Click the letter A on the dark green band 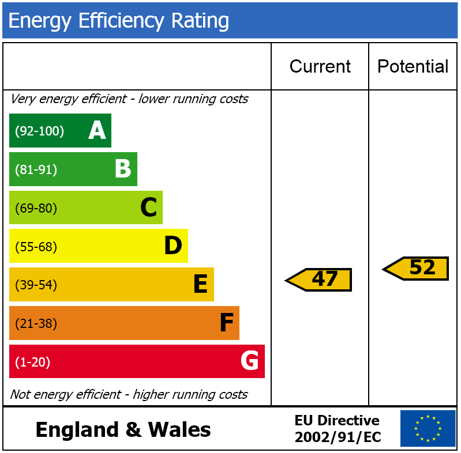[97, 131]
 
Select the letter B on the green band [123, 169]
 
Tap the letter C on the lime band [148, 208]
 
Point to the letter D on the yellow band [173, 246]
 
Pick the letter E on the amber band [200, 285]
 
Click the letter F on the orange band [226, 323]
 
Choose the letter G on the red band [249, 361]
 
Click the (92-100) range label [39, 131]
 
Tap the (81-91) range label [36, 170]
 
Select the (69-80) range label [36, 209]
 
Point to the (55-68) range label [36, 247]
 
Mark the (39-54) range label [36, 285]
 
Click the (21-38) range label [36, 324]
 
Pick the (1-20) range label [32, 363]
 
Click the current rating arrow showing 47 [320, 280]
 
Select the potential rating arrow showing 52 [417, 268]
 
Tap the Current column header [320, 67]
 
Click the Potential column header [413, 67]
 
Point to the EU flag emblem [428, 429]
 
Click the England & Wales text [123, 430]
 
